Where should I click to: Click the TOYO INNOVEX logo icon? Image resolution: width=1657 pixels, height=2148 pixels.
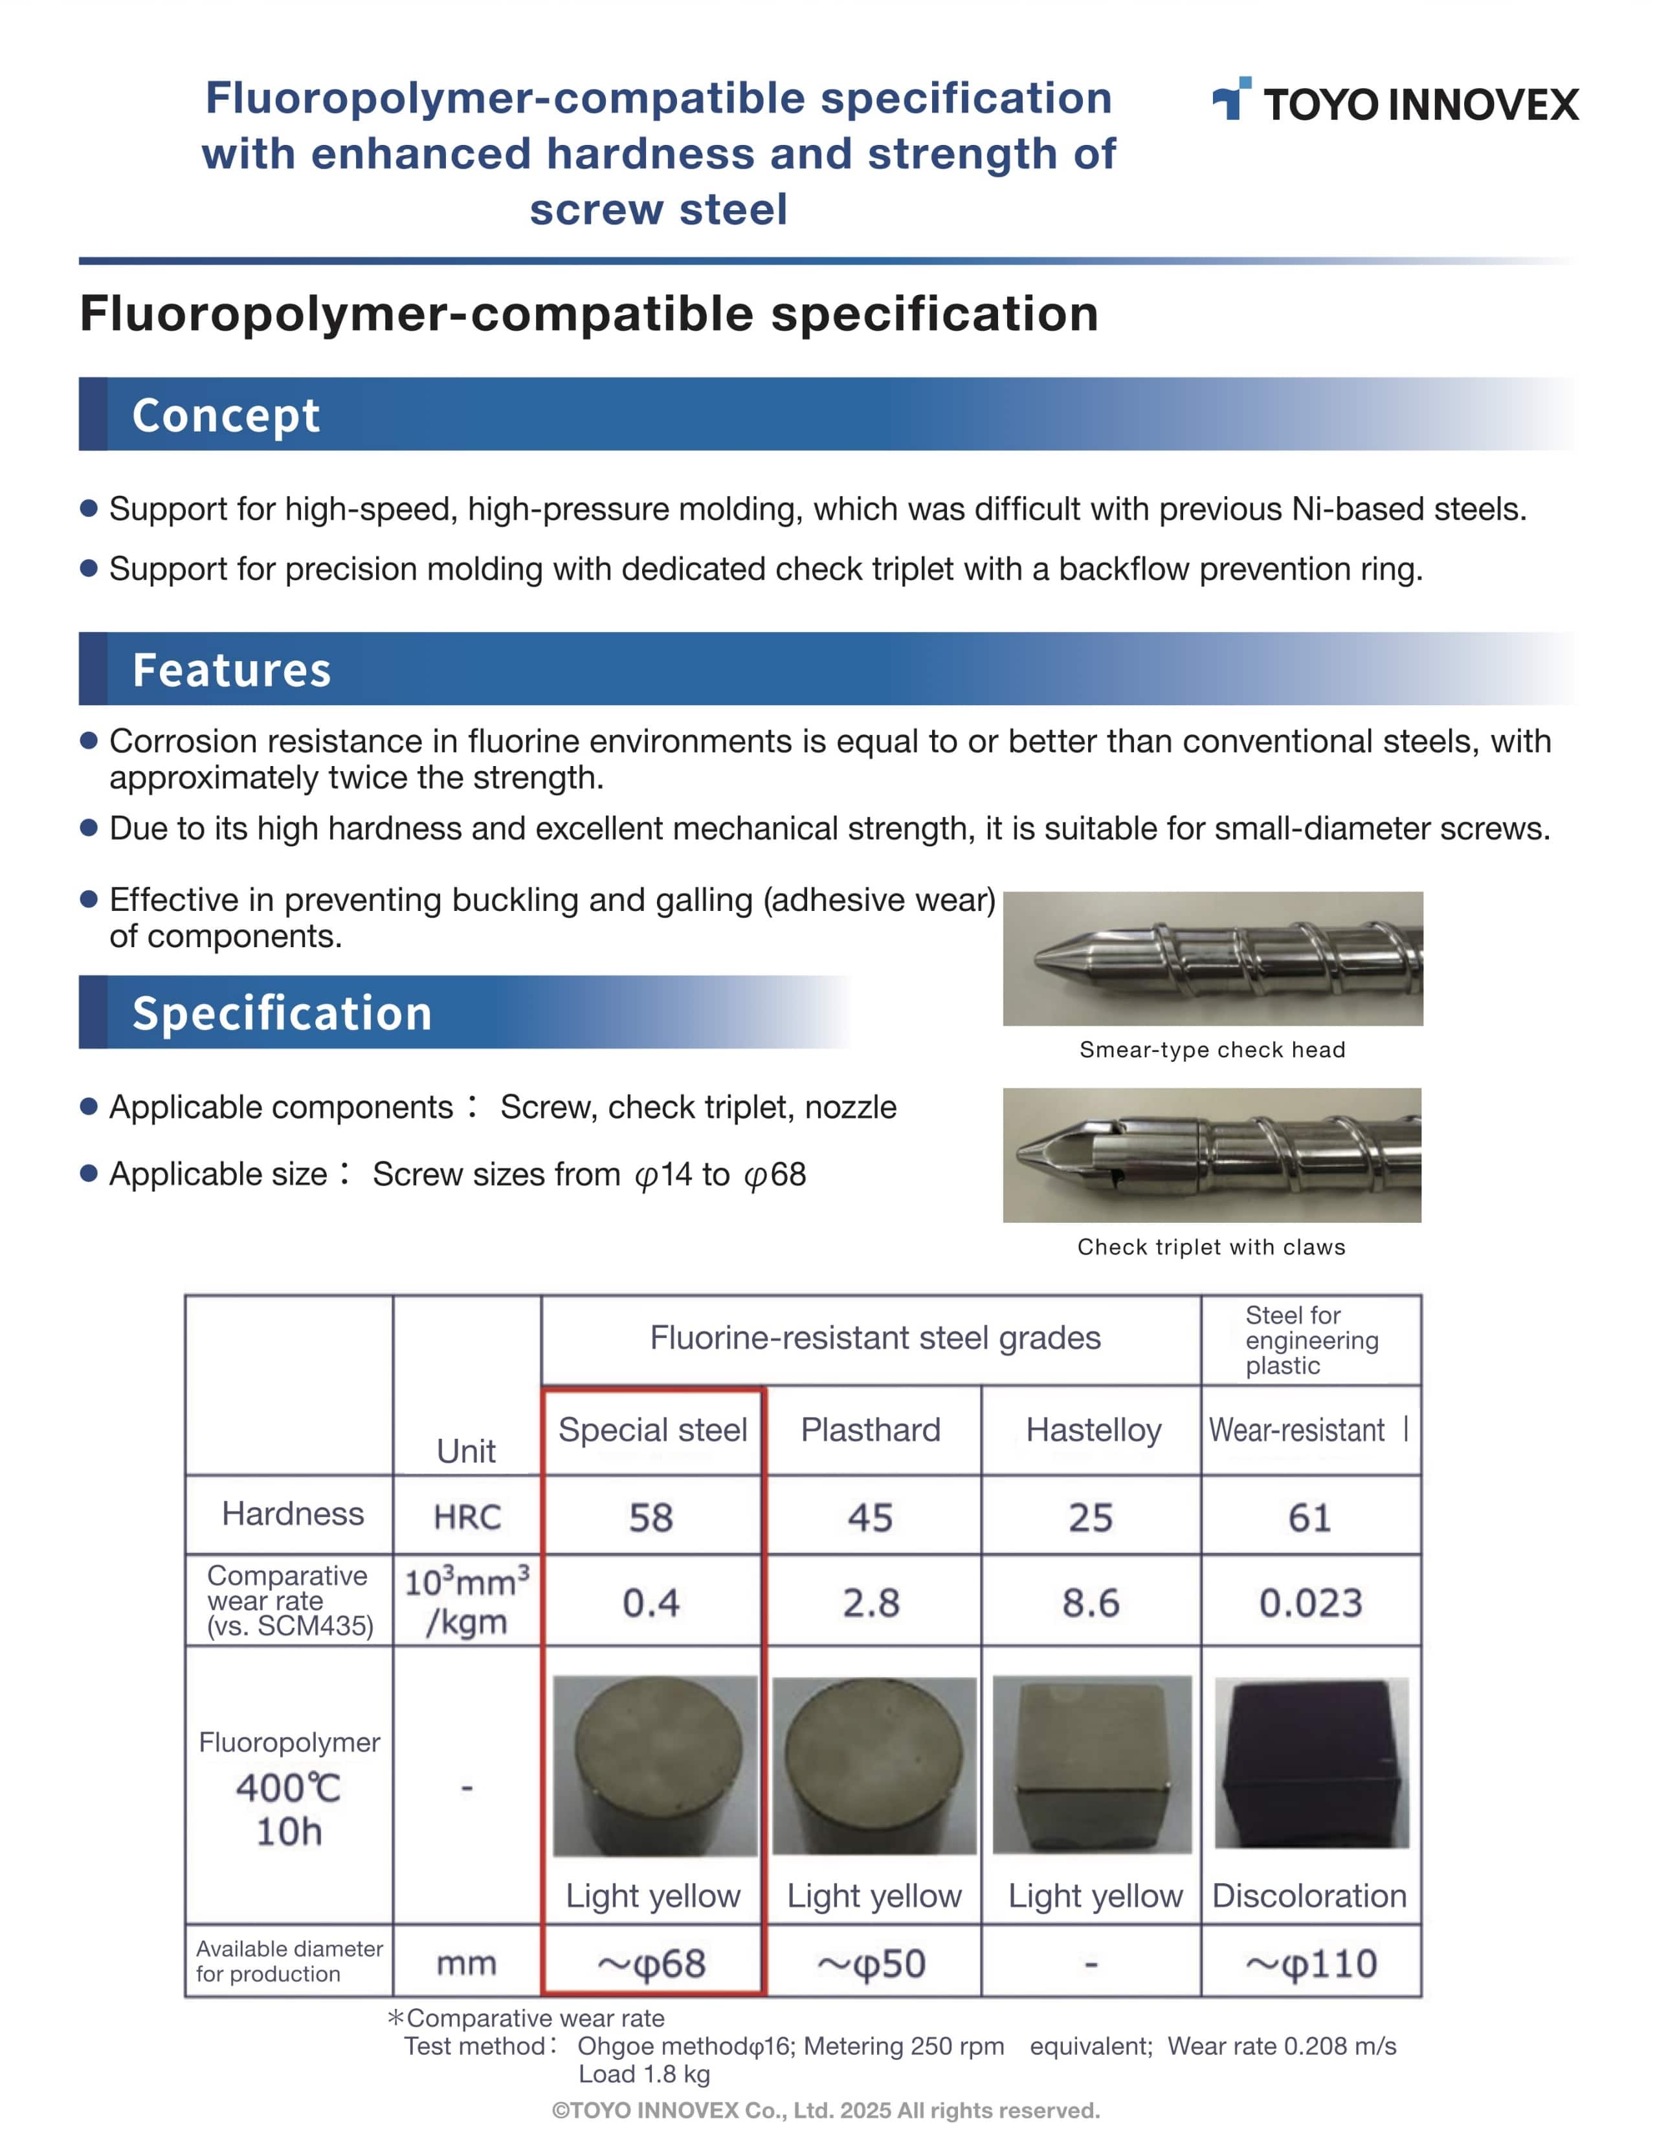point(1231,98)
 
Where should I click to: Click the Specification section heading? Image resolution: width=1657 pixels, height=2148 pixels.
point(282,1013)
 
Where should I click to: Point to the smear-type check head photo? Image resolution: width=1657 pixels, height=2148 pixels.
point(1212,959)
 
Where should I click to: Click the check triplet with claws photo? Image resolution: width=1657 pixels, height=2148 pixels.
point(1212,1155)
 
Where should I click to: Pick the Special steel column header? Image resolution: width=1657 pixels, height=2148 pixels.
point(652,1430)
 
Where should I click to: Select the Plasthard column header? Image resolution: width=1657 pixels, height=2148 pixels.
point(871,1430)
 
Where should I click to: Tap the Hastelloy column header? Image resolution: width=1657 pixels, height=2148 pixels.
point(1093,1430)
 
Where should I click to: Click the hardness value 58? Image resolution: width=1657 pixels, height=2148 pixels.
point(651,1518)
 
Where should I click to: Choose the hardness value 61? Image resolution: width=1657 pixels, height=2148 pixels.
point(1309,1518)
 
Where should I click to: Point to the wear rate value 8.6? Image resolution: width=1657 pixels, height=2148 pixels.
point(1091,1603)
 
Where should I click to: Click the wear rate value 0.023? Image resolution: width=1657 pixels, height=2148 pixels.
point(1311,1603)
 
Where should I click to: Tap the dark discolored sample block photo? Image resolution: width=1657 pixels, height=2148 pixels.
point(1311,1762)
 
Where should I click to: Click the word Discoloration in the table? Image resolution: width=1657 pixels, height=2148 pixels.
point(1309,1896)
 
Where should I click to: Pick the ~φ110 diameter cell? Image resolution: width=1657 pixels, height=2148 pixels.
point(1311,1964)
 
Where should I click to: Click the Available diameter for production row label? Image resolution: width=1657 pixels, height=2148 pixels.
point(289,1961)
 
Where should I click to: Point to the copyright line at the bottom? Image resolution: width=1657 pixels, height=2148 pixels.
point(825,2110)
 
